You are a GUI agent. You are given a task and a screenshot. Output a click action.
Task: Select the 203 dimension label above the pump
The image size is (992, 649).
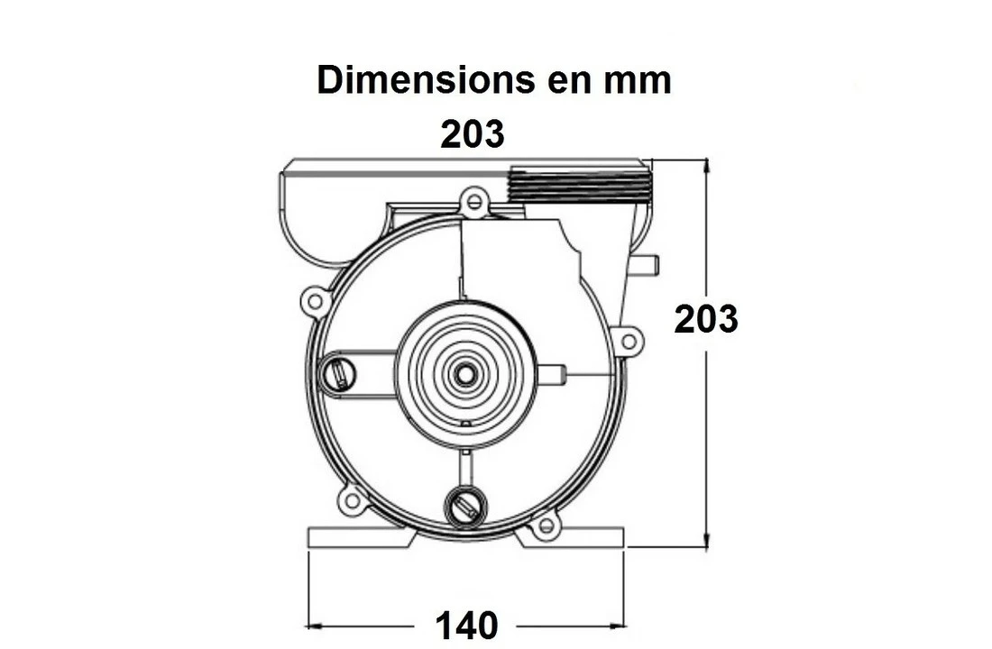click(473, 134)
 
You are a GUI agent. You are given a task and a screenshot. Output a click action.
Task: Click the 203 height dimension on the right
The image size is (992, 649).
click(706, 319)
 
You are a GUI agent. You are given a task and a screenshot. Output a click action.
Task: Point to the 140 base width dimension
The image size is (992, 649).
click(466, 626)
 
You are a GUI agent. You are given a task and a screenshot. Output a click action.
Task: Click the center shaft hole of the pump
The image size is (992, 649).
click(465, 374)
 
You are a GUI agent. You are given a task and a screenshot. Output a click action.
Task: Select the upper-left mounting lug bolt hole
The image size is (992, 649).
click(315, 302)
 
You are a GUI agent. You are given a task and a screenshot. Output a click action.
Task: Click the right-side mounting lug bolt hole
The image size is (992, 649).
click(629, 342)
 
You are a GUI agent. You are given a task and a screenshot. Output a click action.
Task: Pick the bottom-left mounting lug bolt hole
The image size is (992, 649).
click(353, 501)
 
